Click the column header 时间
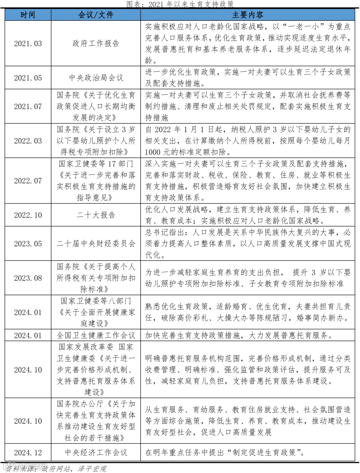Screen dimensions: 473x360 tap(28, 15)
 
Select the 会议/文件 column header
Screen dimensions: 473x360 tap(96, 15)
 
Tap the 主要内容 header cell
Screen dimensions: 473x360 tap(248, 15)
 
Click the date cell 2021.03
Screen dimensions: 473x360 tap(28, 44)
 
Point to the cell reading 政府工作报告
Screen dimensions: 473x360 tap(96, 44)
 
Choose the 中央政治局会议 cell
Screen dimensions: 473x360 tap(96, 78)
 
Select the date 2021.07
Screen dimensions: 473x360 tap(28, 107)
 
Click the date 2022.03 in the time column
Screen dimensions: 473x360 tap(28, 141)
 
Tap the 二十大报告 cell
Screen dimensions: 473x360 tap(96, 215)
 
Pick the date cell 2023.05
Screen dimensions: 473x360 tap(28, 244)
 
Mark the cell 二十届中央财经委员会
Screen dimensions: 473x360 tap(96, 244)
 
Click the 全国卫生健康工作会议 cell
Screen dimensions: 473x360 tap(96, 336)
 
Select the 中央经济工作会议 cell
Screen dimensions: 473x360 tap(96, 453)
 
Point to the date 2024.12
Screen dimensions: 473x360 tap(28, 453)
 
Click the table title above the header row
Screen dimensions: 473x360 tap(180, 4)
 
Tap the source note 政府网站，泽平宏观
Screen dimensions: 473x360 tap(73, 469)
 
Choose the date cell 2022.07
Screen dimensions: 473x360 tap(28, 181)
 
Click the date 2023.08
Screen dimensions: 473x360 tap(28, 278)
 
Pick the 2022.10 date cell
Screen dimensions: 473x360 tap(28, 215)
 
